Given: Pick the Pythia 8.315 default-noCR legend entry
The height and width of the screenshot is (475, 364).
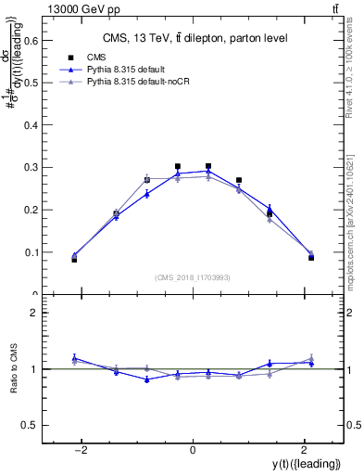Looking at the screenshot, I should click(x=144, y=82).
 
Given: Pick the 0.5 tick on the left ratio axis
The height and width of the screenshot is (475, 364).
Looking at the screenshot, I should click(x=31, y=425).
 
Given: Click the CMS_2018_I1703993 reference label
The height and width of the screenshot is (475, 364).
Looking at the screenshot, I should click(x=192, y=277).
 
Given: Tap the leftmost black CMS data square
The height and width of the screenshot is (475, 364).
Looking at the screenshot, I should click(x=74, y=259).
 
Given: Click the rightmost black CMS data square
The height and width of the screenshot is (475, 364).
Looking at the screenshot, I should click(x=311, y=257).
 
